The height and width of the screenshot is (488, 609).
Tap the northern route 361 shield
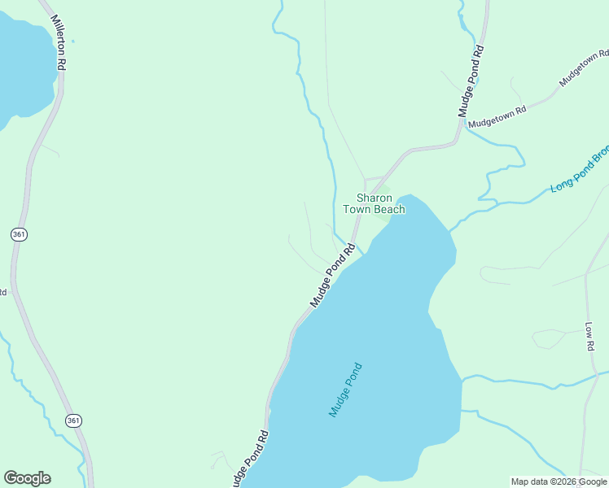click(x=20, y=234)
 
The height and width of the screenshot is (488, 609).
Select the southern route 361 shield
click(x=73, y=420)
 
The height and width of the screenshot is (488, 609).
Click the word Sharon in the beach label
click(x=375, y=198)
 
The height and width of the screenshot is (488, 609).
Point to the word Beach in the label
click(x=389, y=210)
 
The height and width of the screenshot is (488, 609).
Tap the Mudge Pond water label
click(x=345, y=390)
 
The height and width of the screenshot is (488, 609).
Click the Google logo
click(x=27, y=478)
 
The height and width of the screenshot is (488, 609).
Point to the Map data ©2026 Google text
click(x=559, y=481)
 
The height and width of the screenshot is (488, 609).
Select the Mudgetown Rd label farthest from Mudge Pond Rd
click(x=584, y=68)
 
